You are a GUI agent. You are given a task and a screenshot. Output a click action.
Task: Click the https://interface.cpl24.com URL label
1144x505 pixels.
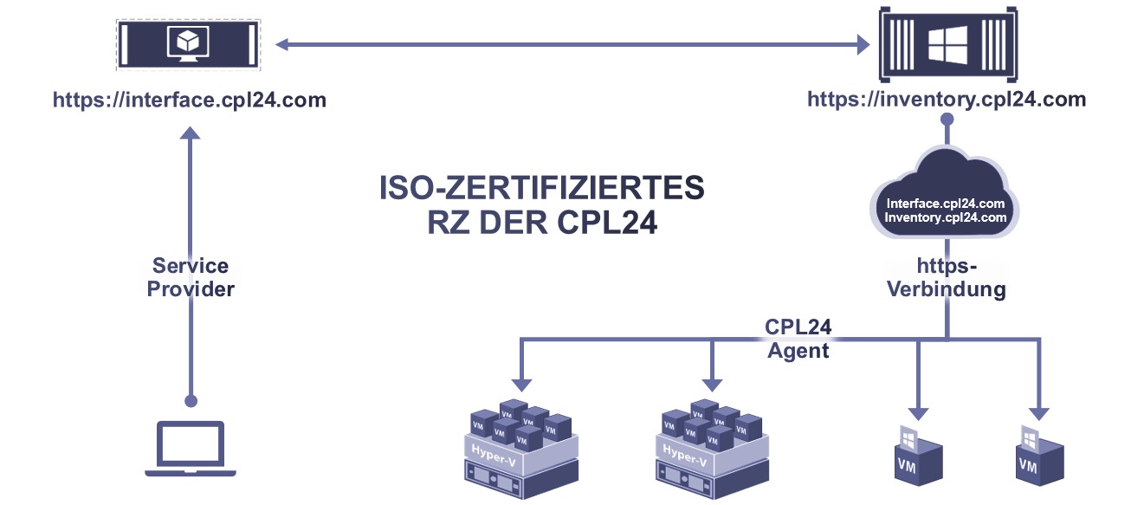pos(190,100)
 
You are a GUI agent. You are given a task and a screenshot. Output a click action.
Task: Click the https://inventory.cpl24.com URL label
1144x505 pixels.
pos(947,100)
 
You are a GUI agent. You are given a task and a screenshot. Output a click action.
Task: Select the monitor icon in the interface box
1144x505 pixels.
pos(189,42)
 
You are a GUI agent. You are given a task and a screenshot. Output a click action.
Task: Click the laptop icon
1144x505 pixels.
pos(190,448)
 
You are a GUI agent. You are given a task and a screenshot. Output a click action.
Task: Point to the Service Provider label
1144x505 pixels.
pos(191,277)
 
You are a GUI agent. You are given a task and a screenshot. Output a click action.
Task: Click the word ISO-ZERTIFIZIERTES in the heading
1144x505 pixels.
pos(542,189)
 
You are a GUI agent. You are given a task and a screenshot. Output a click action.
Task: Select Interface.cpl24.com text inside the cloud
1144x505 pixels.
pos(947,204)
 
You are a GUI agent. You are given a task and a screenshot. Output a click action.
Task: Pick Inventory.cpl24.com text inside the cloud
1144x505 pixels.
pos(947,217)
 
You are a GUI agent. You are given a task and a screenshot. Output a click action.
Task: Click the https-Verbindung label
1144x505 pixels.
pos(947,277)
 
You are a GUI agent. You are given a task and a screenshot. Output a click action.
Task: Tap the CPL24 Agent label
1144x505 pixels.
pos(798,340)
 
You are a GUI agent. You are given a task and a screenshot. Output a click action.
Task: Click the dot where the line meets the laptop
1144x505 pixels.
pos(191,400)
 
